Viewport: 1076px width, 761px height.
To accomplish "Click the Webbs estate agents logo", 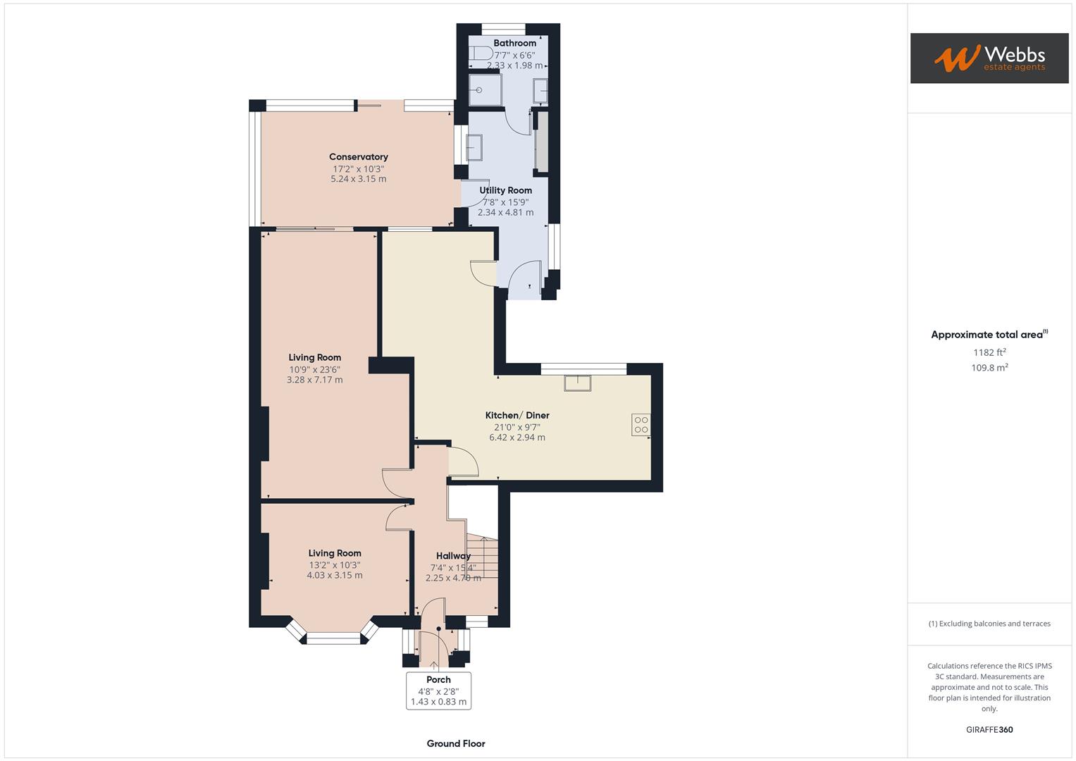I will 989,58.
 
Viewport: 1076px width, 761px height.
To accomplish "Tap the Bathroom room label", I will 514,43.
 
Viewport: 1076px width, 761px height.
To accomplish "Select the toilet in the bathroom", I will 483,53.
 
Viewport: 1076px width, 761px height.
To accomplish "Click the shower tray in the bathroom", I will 486,90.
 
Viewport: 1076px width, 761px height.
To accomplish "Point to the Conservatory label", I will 358,156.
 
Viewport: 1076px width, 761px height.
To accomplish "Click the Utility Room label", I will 505,190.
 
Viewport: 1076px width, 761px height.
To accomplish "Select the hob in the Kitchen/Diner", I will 641,425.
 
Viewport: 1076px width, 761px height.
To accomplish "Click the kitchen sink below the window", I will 577,383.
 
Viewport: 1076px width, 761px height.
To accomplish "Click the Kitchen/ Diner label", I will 517,415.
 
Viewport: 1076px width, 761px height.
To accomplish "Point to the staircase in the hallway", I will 483,557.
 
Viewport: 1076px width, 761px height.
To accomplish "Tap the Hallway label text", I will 452,556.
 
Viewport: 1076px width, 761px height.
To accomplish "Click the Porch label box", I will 438,691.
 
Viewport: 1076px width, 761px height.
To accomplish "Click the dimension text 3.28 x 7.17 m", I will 314,380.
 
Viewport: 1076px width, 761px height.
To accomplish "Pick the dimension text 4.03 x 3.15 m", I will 334,575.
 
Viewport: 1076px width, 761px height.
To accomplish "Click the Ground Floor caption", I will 455,743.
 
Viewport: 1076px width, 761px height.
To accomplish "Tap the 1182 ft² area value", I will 989,352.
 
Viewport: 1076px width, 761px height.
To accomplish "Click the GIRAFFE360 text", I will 989,729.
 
